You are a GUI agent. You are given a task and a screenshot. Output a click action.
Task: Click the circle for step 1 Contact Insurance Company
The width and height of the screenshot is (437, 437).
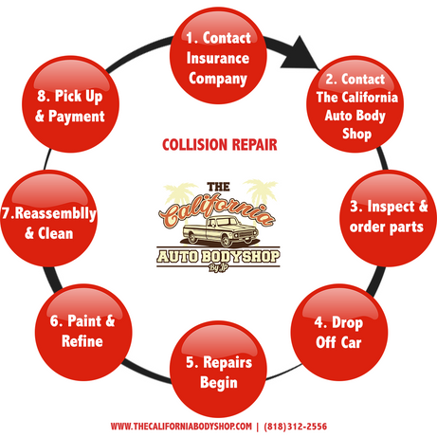point(218,56)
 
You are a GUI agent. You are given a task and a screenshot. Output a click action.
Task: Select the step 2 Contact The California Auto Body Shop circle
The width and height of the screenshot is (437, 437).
point(355,104)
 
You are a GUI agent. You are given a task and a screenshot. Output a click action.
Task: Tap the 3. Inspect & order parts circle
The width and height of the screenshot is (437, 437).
point(389,218)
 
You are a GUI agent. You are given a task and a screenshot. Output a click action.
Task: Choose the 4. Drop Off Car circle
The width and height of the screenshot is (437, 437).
point(339,332)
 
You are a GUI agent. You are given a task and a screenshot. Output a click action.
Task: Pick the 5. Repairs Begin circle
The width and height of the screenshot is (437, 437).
point(218,369)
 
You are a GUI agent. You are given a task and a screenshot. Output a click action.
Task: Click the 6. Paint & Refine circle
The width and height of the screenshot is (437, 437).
point(83,332)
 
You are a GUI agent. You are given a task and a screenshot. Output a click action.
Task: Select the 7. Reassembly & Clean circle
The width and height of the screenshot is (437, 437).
point(49,218)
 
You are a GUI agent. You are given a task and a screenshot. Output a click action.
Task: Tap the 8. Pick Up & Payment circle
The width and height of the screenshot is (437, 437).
point(70,104)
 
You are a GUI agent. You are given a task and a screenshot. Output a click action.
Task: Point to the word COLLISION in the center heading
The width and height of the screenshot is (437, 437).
point(194,145)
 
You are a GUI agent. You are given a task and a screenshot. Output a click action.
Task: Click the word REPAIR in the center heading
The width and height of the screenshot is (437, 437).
point(255,145)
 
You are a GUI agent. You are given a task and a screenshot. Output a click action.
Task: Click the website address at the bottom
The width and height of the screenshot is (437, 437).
point(181,427)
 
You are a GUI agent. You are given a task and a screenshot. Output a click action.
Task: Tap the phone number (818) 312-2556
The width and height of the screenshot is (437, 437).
point(296,427)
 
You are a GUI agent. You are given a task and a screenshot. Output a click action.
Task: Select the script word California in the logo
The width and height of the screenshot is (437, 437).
point(216,210)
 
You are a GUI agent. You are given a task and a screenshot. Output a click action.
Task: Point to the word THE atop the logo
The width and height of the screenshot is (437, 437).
point(218,187)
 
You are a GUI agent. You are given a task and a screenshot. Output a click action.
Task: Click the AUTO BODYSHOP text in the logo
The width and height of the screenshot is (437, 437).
point(218,257)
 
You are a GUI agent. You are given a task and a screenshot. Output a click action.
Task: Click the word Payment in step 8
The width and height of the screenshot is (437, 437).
point(77,117)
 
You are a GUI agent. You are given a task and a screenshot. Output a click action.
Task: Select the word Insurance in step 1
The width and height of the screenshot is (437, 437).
point(218,59)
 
